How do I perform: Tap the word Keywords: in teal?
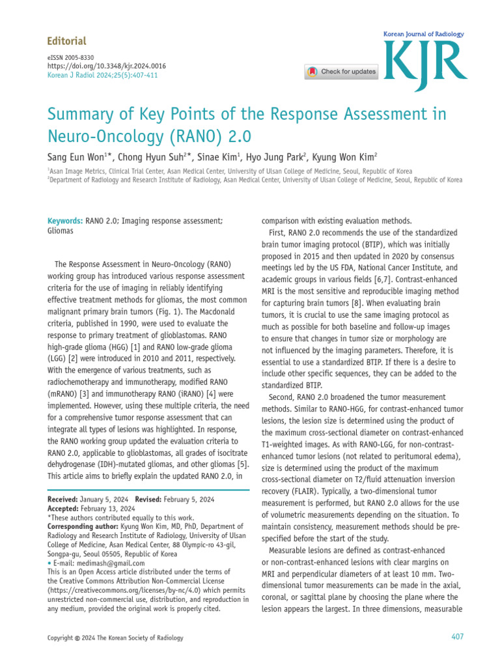(65, 221)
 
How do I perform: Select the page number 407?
(457, 637)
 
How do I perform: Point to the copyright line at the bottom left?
(116, 638)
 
